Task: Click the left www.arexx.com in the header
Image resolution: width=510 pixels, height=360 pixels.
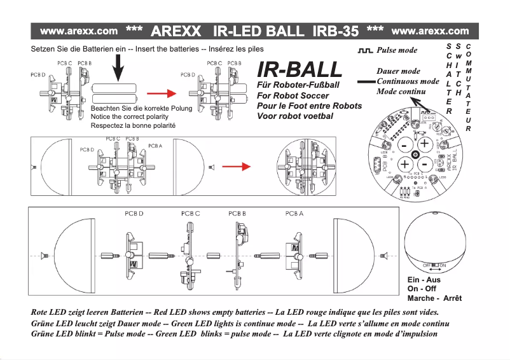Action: pyautogui.click(x=79, y=31)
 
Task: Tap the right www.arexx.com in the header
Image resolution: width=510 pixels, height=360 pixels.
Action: pyautogui.click(x=431, y=31)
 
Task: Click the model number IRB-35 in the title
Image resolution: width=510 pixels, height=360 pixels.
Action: pyautogui.click(x=331, y=31)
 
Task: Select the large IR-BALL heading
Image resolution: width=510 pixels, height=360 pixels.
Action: pyautogui.click(x=299, y=70)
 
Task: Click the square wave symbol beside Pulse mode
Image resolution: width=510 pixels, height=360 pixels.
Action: pyautogui.click(x=365, y=50)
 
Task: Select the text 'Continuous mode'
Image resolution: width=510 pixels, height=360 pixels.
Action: pyautogui.click(x=408, y=81)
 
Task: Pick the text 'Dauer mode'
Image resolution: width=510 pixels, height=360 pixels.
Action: pyautogui.click(x=398, y=71)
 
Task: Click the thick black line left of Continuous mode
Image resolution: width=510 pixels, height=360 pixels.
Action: pyautogui.click(x=366, y=82)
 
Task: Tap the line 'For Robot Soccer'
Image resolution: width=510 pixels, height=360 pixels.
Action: pyautogui.click(x=293, y=95)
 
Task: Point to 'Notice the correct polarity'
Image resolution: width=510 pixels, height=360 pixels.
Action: pyautogui.click(x=130, y=117)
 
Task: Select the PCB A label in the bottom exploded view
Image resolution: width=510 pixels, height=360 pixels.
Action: pyautogui.click(x=293, y=214)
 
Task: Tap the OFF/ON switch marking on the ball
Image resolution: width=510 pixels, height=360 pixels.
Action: pyautogui.click(x=434, y=265)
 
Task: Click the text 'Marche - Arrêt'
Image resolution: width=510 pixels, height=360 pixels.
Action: pyautogui.click(x=434, y=298)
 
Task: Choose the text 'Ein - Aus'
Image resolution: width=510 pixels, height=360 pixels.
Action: pyautogui.click(x=423, y=280)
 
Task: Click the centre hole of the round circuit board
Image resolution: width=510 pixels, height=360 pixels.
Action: pyautogui.click(x=415, y=155)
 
